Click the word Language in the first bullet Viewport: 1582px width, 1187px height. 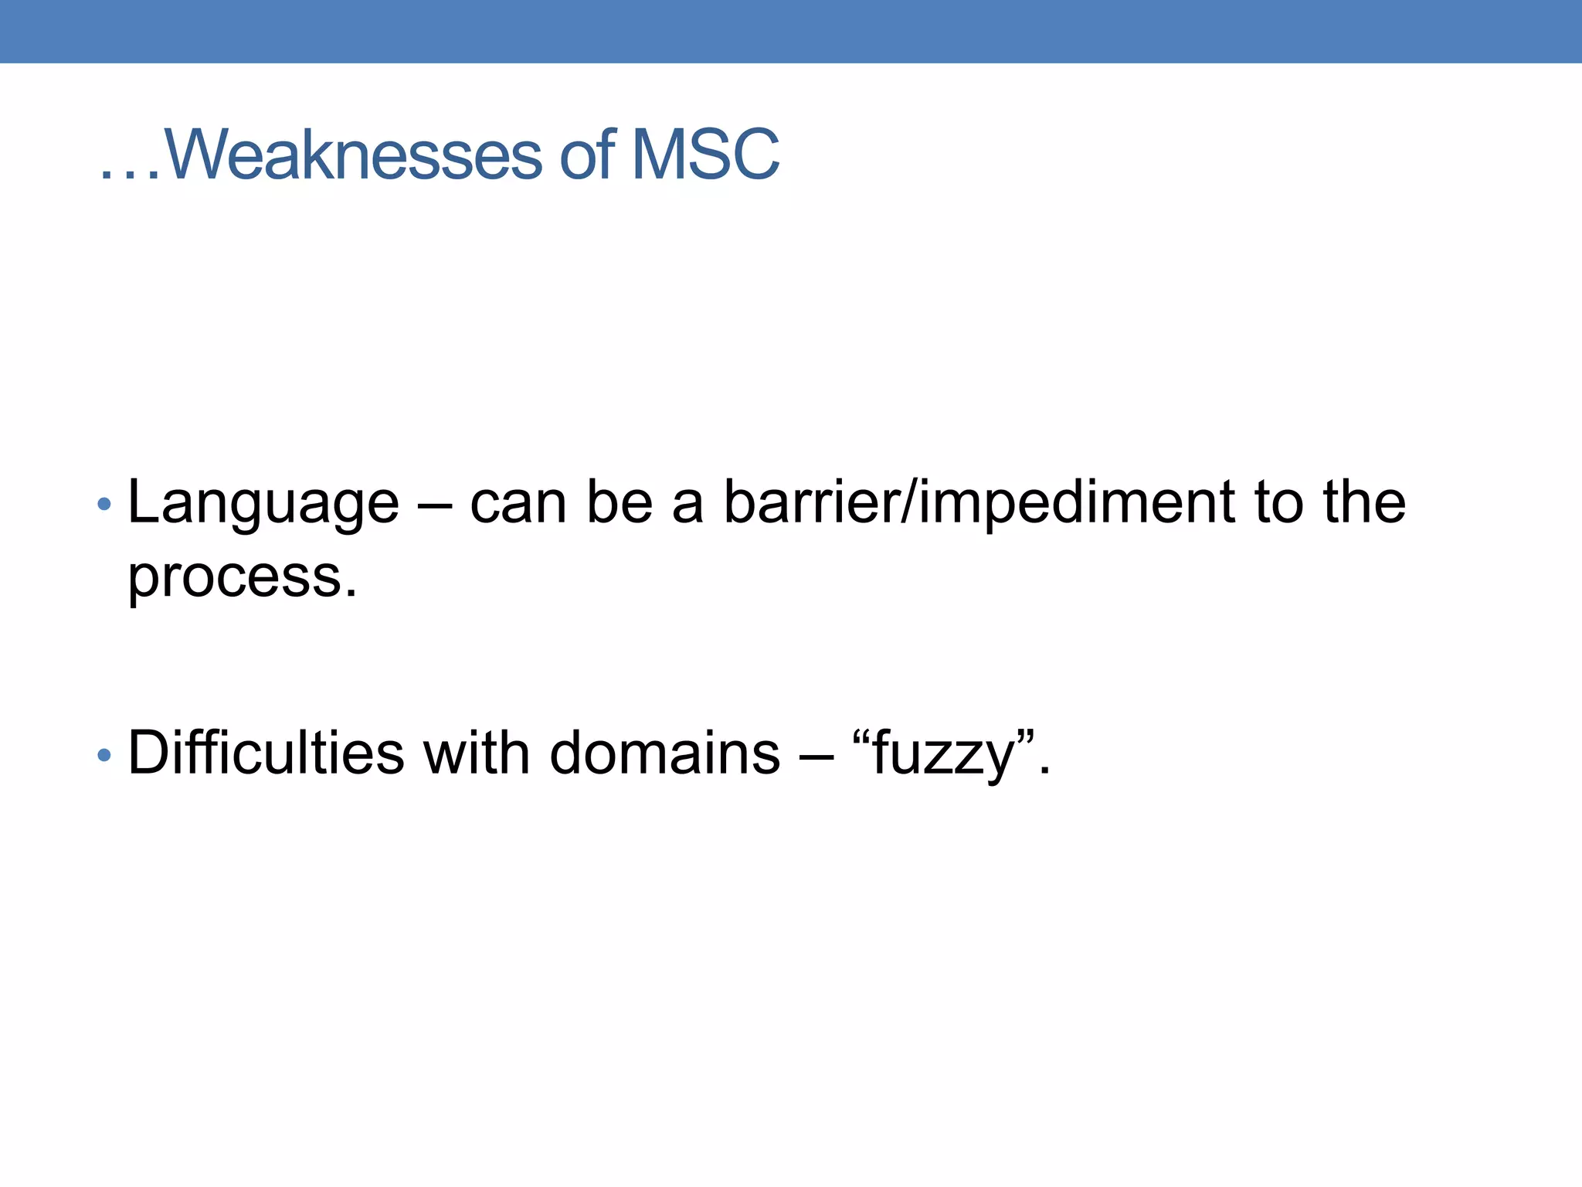pos(263,504)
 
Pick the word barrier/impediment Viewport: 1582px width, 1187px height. pos(979,504)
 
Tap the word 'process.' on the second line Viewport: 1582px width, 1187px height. pos(243,578)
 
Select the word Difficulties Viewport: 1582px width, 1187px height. pos(266,753)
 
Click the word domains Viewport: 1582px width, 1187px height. pos(664,753)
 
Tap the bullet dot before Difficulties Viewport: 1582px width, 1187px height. pos(104,755)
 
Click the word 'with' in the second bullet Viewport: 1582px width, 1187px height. pos(477,753)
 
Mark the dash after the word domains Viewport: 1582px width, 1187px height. pos(816,754)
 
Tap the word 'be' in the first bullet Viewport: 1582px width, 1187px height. pos(620,504)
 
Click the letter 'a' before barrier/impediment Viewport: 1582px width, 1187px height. pos(687,507)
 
